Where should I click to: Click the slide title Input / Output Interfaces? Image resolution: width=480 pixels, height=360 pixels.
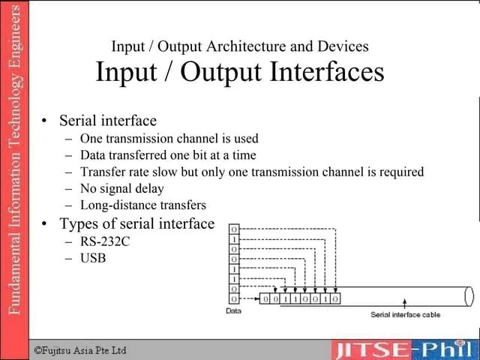click(x=240, y=73)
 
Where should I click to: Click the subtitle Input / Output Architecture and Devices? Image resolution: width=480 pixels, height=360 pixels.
click(x=240, y=46)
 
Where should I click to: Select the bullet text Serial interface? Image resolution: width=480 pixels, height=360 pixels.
click(x=108, y=121)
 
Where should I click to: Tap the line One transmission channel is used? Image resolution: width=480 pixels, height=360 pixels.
click(x=169, y=139)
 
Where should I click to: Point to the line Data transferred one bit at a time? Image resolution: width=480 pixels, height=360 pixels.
click(x=168, y=155)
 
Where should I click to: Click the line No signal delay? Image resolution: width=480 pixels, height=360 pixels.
click(x=121, y=188)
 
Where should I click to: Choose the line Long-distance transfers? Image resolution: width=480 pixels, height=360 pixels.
click(x=142, y=205)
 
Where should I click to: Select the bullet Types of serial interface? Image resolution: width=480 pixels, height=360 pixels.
click(x=136, y=223)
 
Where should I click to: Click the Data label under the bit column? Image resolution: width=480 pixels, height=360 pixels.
click(x=233, y=310)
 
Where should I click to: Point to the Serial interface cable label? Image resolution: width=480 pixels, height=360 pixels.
click(x=406, y=314)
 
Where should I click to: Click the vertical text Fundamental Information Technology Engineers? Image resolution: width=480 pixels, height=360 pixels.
click(x=14, y=161)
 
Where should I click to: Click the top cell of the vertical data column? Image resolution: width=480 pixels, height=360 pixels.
click(x=235, y=229)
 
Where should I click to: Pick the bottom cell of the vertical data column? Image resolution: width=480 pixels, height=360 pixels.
click(x=235, y=298)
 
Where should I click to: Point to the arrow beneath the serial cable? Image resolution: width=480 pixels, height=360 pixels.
click(x=406, y=302)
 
